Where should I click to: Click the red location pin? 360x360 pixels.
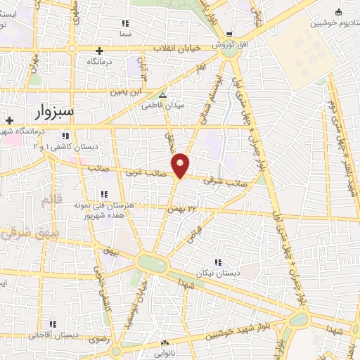(181, 165)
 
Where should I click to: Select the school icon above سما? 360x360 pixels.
(126, 24)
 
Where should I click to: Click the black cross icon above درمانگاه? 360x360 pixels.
(100, 51)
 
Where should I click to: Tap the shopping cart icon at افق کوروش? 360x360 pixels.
(229, 35)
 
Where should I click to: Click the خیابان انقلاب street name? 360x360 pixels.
(178, 48)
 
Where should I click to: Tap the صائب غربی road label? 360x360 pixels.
(146, 172)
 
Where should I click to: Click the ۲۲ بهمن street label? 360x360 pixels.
(181, 209)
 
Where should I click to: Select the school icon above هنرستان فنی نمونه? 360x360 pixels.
(104, 193)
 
